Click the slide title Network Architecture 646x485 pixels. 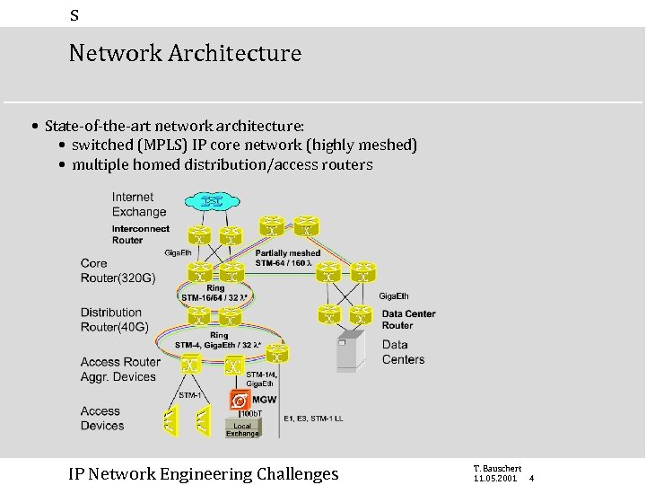point(185,53)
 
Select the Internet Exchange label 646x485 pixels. point(139,205)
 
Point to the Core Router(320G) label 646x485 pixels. point(118,270)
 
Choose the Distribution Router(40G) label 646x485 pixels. point(115,320)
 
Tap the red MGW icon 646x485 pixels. point(240,400)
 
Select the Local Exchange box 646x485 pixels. point(242,429)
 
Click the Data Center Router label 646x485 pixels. point(408,320)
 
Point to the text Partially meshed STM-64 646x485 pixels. point(287,259)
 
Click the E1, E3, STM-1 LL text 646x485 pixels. point(313,419)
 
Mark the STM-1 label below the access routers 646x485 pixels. point(188,395)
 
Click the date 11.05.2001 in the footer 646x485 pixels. point(494,479)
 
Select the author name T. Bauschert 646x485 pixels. point(496,469)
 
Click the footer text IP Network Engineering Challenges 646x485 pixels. point(204,473)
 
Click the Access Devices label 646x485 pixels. point(101,419)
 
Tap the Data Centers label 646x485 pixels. point(403,352)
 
